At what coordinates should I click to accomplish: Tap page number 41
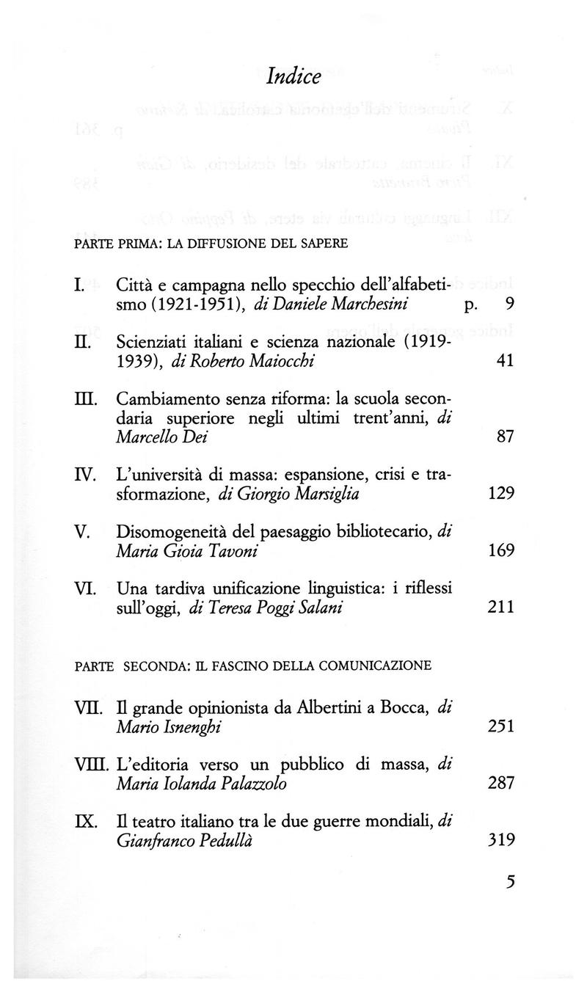(x=503, y=360)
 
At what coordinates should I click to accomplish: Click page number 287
(x=500, y=783)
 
